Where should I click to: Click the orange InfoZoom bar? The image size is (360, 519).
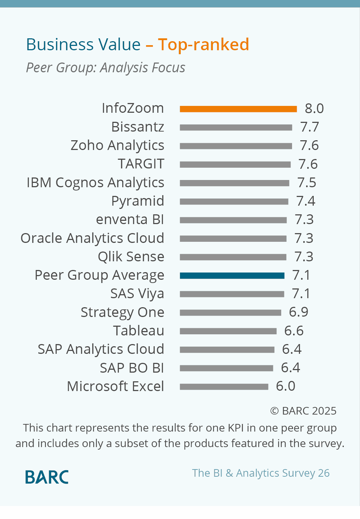(x=238, y=109)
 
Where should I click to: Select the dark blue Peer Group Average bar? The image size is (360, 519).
(x=232, y=276)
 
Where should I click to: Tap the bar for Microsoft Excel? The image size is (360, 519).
(x=224, y=387)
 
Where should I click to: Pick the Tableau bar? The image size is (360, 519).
(x=228, y=331)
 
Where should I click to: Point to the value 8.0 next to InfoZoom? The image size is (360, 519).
(x=314, y=108)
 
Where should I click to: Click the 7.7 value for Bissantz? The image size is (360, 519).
(x=309, y=127)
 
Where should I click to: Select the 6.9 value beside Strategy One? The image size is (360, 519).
(x=299, y=312)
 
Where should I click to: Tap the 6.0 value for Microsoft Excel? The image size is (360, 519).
(x=286, y=386)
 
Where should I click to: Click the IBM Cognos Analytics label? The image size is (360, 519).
(x=95, y=183)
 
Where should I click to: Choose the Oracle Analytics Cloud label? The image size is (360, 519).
(x=93, y=239)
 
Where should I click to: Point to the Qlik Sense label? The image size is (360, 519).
(x=131, y=257)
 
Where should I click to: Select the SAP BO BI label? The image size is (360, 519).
(x=132, y=368)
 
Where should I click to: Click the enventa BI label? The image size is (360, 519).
(x=130, y=220)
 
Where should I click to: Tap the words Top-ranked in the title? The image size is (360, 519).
(x=203, y=45)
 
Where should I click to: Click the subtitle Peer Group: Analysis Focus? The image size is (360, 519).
(x=106, y=68)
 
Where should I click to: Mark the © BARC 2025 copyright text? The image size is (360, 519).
(x=303, y=411)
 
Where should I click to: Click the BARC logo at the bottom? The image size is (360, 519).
(x=47, y=477)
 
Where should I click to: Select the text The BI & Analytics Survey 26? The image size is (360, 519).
(x=261, y=473)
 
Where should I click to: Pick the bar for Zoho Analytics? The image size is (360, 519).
(x=236, y=146)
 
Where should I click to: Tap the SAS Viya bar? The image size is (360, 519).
(x=232, y=294)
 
